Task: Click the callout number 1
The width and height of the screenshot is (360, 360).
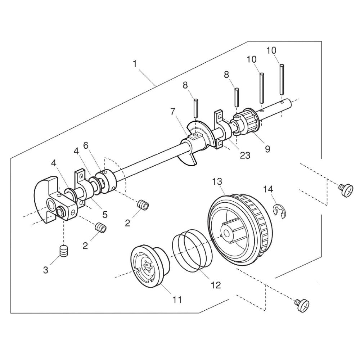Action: coord(135,64)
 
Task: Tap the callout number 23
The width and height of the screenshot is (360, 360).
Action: coord(245,155)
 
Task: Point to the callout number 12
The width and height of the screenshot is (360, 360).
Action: coord(216,285)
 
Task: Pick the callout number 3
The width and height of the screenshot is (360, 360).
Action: coord(45,270)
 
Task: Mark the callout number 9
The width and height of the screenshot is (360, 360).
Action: coord(267,148)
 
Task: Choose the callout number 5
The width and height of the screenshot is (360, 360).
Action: coord(105,215)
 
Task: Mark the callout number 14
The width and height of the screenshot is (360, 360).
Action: coord(268,189)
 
